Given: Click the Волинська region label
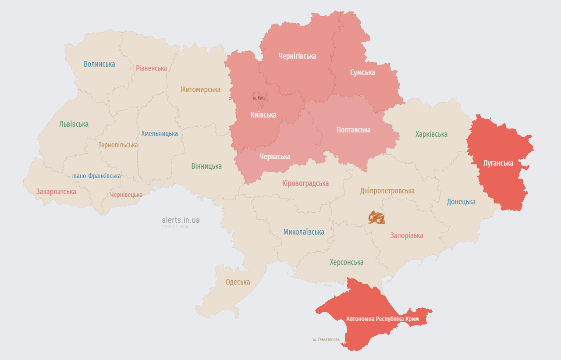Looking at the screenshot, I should click(99, 64).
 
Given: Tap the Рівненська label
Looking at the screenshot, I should click(151, 68).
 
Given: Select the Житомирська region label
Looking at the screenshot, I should click(200, 89).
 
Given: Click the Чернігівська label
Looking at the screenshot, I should click(297, 56).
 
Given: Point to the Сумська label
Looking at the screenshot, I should click(362, 72).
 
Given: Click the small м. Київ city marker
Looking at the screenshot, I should click(259, 98).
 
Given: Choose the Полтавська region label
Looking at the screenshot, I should click(353, 130).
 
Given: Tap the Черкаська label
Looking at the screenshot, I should click(275, 157).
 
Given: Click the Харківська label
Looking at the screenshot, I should click(431, 134).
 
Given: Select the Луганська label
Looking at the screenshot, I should click(498, 163).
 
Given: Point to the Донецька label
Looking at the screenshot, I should click(461, 202).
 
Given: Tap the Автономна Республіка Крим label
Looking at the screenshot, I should click(382, 319).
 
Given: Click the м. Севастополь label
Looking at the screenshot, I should click(326, 339).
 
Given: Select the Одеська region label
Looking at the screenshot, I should click(238, 282).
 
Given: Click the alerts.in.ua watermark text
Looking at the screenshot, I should click(181, 220).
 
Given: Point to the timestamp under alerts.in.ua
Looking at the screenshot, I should click(175, 227).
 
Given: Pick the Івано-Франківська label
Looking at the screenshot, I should click(96, 176).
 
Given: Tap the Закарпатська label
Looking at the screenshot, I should click(56, 192).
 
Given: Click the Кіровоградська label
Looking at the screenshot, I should click(305, 183).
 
